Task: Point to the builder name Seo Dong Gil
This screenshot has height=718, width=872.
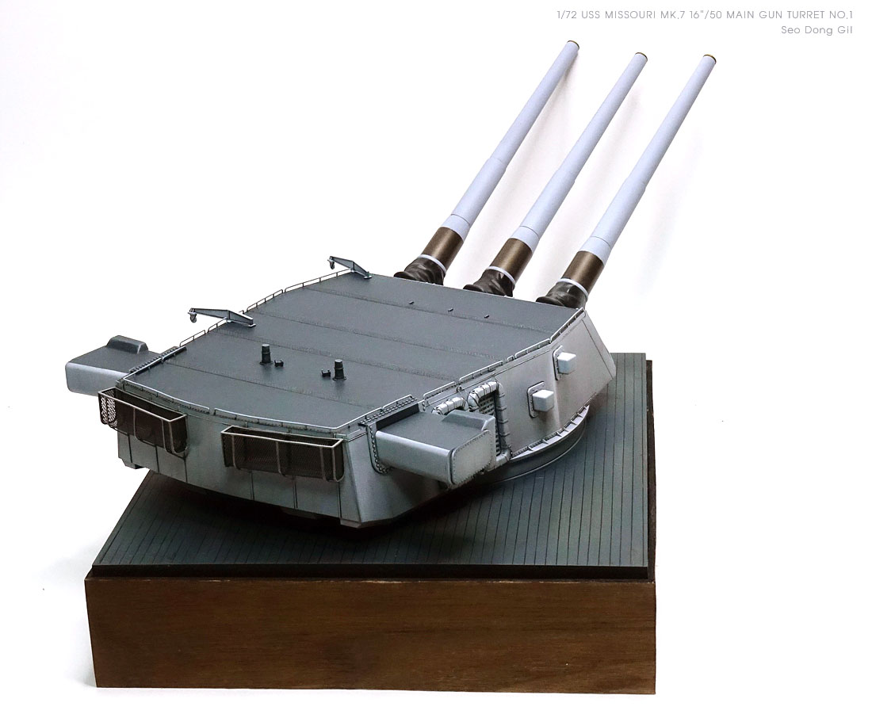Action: (x=817, y=30)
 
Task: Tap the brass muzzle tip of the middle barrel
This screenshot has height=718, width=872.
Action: (x=641, y=57)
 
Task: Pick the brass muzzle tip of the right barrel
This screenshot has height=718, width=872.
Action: (x=709, y=59)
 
